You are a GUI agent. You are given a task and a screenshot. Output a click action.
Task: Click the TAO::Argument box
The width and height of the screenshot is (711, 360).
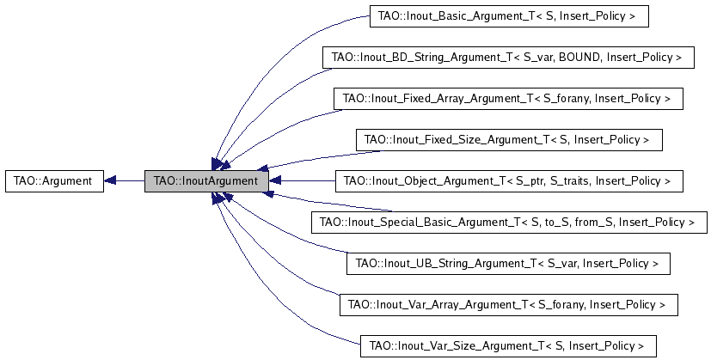[54, 181]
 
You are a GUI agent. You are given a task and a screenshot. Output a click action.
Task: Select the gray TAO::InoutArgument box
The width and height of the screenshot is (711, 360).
[207, 181]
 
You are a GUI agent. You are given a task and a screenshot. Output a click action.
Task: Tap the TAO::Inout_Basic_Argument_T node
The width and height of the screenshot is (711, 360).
[509, 16]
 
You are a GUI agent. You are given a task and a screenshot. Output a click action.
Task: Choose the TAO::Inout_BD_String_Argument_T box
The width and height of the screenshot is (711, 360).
[508, 58]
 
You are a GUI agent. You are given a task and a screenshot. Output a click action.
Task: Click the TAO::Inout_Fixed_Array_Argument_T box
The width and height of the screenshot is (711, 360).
[508, 99]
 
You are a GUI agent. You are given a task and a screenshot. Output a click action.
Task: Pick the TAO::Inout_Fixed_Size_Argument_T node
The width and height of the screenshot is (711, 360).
[509, 140]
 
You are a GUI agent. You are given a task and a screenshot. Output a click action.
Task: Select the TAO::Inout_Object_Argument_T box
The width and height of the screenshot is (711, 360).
[509, 181]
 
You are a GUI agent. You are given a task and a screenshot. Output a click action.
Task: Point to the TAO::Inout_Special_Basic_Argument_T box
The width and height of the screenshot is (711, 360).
[509, 223]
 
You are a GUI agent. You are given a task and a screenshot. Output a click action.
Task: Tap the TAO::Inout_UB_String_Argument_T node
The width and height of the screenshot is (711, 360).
[508, 264]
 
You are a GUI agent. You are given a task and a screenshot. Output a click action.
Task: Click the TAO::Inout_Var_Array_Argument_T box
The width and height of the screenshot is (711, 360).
[509, 305]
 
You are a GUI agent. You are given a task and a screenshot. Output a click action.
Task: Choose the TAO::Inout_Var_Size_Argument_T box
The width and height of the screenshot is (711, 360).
[508, 346]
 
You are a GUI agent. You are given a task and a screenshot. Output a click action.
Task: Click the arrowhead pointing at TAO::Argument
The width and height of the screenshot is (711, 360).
[110, 181]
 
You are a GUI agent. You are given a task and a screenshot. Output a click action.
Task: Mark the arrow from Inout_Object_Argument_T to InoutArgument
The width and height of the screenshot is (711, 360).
[302, 181]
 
